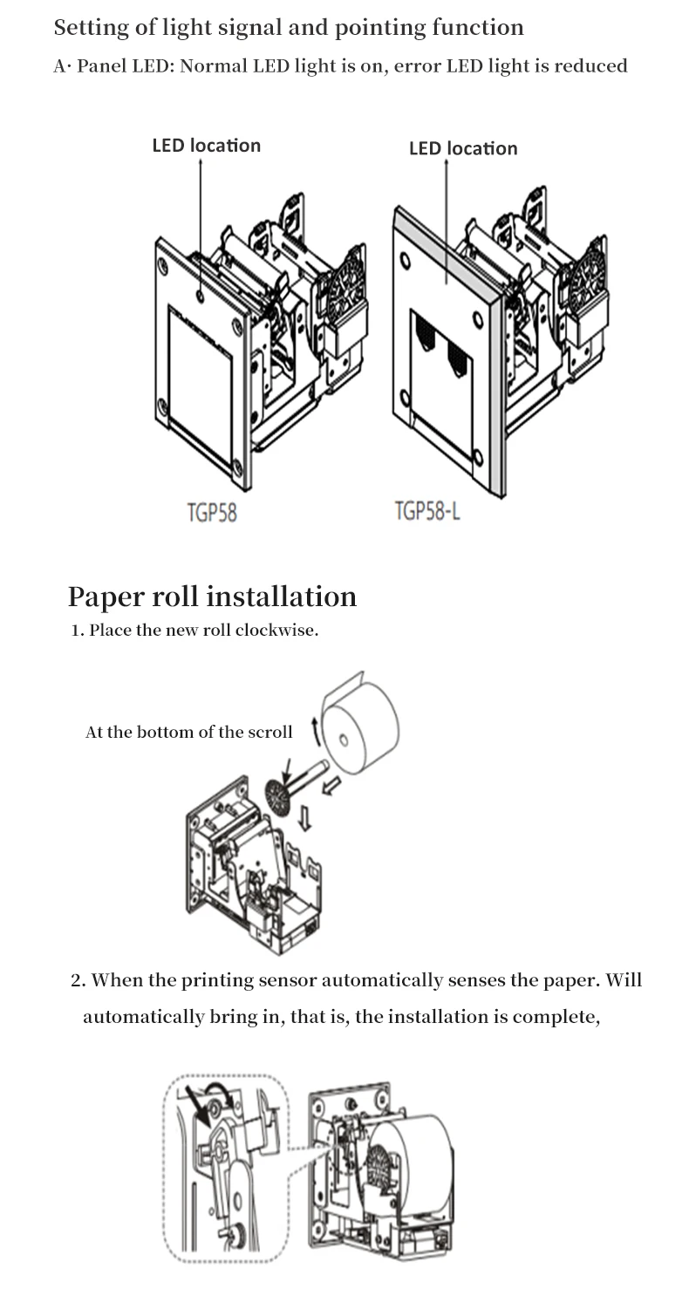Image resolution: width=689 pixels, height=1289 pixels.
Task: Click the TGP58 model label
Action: [211, 512]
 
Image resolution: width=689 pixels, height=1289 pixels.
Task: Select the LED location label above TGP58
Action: [206, 146]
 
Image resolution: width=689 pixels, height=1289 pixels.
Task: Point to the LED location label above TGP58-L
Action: [463, 148]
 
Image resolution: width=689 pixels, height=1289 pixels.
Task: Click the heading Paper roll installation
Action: [212, 597]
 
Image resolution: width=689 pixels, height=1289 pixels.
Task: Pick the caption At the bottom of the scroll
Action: [188, 733]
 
